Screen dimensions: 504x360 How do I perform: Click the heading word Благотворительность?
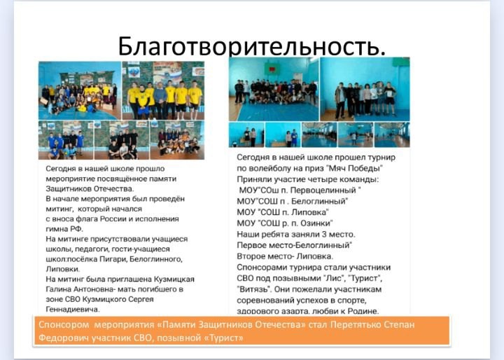pyautogui.click(x=252, y=46)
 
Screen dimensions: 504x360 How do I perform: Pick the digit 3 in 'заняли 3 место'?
pyautogui.click(x=324, y=234)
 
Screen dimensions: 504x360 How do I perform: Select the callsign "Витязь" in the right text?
pyautogui.click(x=253, y=289)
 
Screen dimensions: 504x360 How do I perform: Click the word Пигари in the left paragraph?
pyautogui.click(x=115, y=259)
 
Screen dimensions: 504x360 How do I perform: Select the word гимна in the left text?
pyautogui.click(x=56, y=229)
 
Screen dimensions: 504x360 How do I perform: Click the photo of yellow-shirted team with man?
pyautogui.click(x=163, y=90)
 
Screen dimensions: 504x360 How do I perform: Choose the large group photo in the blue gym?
pyautogui.click(x=274, y=89)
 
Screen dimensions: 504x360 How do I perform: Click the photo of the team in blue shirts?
pyautogui.click(x=66, y=140)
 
